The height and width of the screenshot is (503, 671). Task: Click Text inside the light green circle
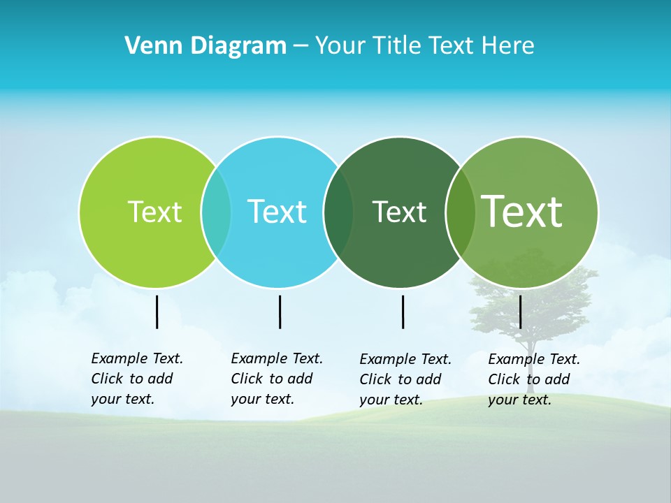[x=154, y=212]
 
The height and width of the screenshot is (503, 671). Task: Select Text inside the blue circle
[x=277, y=212]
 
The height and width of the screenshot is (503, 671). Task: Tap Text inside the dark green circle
[x=399, y=212]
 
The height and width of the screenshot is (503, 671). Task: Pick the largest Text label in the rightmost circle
[x=522, y=212]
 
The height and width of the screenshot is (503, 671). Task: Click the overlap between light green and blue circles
[x=216, y=212]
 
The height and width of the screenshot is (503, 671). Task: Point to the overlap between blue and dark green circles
[x=338, y=212]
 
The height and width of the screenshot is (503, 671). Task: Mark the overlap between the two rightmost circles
[x=461, y=212]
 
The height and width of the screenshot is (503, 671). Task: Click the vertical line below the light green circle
[x=157, y=312]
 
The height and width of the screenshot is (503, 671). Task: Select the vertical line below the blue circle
[x=280, y=312]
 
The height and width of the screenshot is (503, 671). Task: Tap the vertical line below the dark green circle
[x=403, y=312]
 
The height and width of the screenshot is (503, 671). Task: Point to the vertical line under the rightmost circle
[x=520, y=312]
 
